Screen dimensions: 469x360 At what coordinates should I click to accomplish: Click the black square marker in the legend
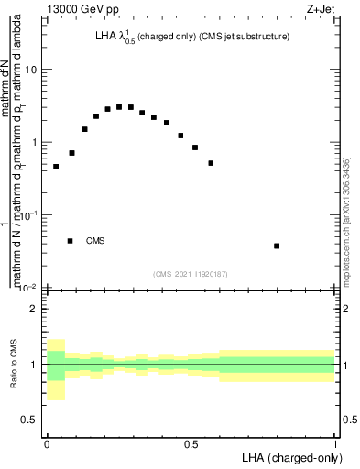(x=71, y=241)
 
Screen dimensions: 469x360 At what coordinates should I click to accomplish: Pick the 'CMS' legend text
(x=95, y=241)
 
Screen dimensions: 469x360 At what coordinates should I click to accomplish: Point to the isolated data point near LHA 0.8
(x=277, y=245)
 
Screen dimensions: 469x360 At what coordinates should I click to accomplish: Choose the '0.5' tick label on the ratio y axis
(x=30, y=420)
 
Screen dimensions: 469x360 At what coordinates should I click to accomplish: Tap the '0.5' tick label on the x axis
(x=191, y=444)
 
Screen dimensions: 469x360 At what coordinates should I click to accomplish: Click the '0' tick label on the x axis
(x=47, y=444)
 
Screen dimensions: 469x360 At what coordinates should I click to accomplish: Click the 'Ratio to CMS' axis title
(x=12, y=365)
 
